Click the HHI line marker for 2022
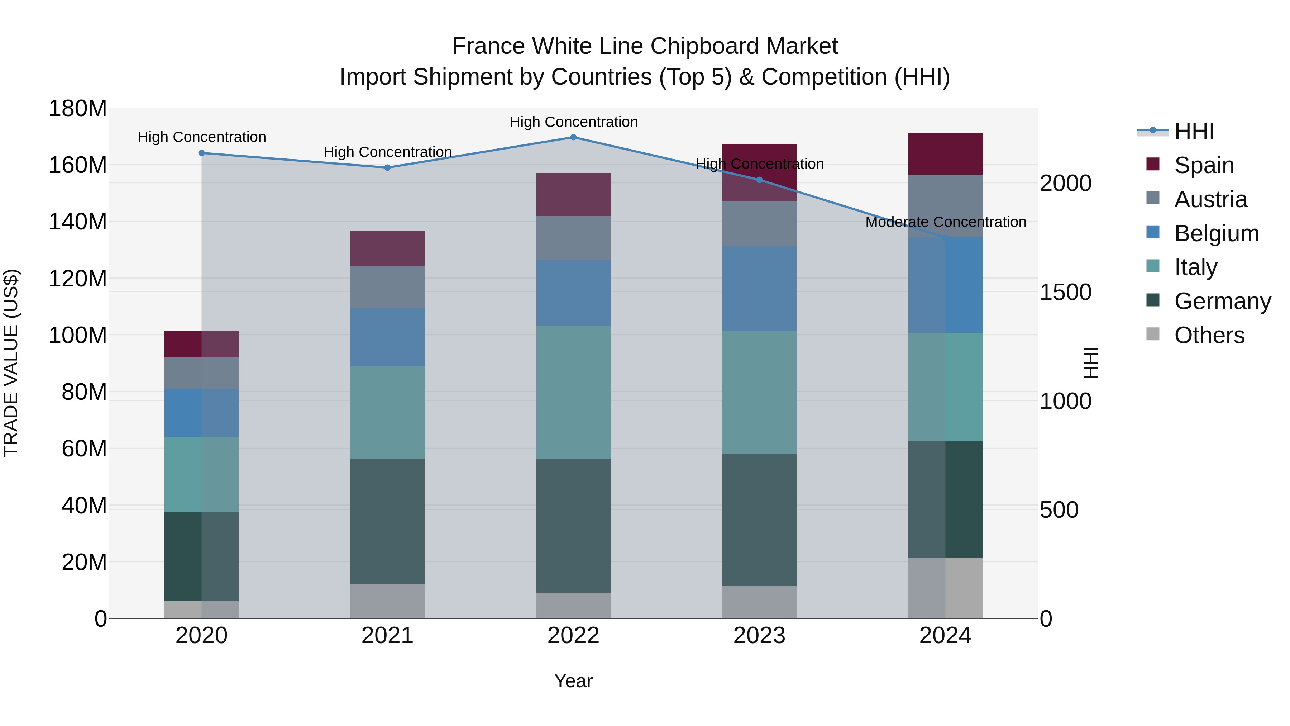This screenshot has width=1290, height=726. [573, 137]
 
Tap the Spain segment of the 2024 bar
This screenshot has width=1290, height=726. [946, 154]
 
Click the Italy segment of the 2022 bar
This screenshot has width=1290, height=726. [573, 392]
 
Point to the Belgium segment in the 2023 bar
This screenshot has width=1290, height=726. [759, 289]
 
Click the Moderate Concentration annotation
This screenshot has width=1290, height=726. [946, 222]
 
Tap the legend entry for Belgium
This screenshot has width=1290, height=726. [1217, 233]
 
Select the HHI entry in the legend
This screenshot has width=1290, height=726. [1194, 131]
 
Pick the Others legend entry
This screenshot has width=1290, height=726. [1209, 335]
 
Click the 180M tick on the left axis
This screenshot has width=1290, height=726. [78, 109]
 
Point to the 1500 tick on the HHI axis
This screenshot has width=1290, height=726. [1065, 292]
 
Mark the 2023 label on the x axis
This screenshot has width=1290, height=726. [759, 636]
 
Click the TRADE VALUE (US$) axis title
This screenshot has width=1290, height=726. [11, 363]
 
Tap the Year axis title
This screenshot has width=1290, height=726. [573, 681]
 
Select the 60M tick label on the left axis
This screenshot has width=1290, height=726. [84, 449]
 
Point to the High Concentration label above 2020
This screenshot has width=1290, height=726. [202, 137]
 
